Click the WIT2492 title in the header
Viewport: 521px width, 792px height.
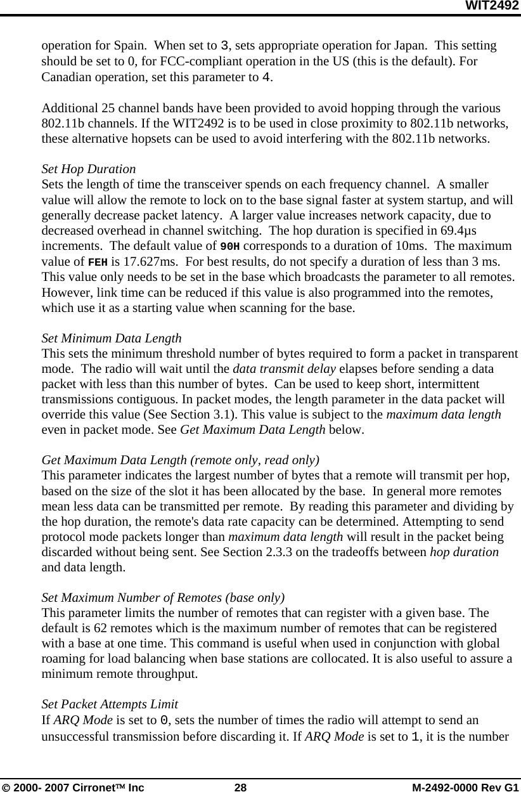coord(492,6)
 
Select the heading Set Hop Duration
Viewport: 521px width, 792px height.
coord(88,169)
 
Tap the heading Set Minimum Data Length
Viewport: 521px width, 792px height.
coord(111,338)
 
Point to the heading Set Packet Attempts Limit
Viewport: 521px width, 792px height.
coord(109,704)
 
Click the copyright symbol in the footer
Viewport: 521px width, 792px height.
coord(6,786)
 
